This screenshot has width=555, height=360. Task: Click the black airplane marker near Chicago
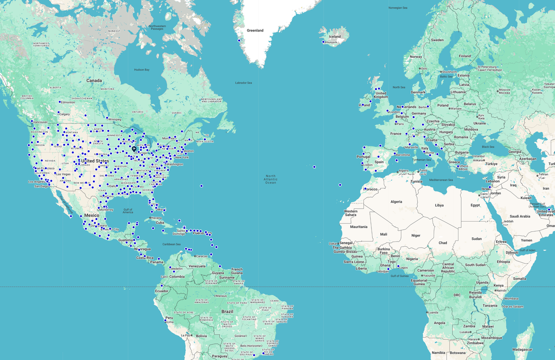[134, 149]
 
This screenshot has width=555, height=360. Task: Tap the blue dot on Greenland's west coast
[239, 41]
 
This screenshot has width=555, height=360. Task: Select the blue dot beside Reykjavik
[323, 42]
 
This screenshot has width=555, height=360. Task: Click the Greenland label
[255, 31]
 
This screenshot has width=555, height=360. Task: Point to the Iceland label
[334, 37]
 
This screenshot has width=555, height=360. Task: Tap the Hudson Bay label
[142, 70]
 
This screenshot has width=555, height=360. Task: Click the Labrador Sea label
[243, 83]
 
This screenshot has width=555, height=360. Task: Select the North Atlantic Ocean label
[271, 179]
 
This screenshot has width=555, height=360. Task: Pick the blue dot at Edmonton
[60, 102]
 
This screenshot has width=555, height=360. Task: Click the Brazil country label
[227, 311]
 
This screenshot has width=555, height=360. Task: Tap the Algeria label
[396, 202]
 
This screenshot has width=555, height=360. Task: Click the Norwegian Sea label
[398, 8]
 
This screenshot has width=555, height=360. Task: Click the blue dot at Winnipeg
[107, 118]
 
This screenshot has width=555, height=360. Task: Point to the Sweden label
[437, 40]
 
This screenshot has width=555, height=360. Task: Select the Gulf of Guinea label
[400, 276]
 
